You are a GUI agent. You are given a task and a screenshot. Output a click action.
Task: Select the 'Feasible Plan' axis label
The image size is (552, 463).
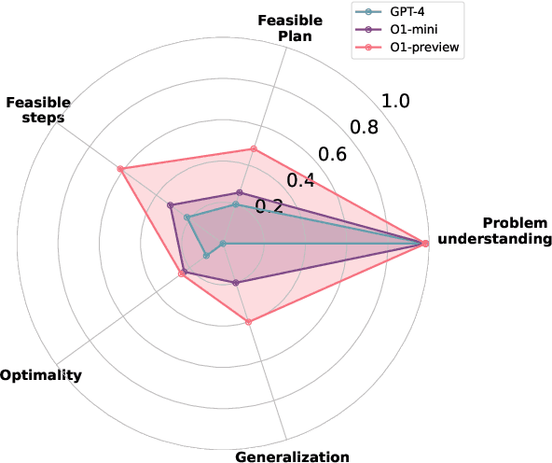pyautogui.click(x=284, y=28)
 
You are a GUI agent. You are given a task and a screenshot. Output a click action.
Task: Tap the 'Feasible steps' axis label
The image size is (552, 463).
pyautogui.click(x=34, y=110)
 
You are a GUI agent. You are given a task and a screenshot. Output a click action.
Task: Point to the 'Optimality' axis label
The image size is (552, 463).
pyautogui.click(x=40, y=375)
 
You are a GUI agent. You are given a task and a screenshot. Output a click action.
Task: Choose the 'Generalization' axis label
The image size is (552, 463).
pyautogui.click(x=292, y=456)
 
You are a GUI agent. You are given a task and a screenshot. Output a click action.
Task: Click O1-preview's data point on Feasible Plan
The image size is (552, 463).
pyautogui.click(x=253, y=148)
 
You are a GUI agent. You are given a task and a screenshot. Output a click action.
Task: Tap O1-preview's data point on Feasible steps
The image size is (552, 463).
pyautogui.click(x=120, y=169)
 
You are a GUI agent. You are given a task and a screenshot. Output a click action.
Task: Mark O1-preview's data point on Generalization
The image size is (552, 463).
pyautogui.click(x=248, y=323)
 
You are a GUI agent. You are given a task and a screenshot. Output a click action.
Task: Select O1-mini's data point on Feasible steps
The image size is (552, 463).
pyautogui.click(x=170, y=205)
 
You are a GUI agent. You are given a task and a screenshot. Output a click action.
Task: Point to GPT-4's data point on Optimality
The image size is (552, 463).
pyautogui.click(x=205, y=256)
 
